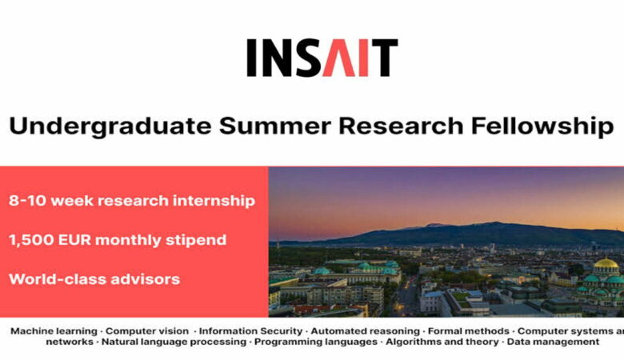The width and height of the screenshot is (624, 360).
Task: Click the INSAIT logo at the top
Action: click(x=322, y=58)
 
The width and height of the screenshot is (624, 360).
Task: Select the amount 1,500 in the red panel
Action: click(x=34, y=240)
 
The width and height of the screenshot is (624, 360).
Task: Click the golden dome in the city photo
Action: click(x=606, y=264)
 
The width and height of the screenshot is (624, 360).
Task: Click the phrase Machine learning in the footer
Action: click(x=53, y=330)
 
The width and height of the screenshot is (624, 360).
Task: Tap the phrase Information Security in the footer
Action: click(x=251, y=330)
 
